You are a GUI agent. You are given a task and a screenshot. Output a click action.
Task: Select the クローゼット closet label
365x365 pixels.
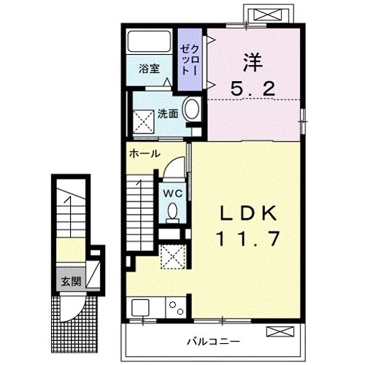coord(189,58)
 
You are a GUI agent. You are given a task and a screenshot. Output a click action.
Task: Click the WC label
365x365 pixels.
coord(173,193)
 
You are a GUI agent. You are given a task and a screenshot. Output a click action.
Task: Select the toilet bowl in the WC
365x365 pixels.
coord(173,212)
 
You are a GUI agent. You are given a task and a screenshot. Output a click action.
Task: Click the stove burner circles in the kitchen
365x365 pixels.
coord(175,307)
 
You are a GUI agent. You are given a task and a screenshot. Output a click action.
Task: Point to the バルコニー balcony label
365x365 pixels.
coord(212,341)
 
